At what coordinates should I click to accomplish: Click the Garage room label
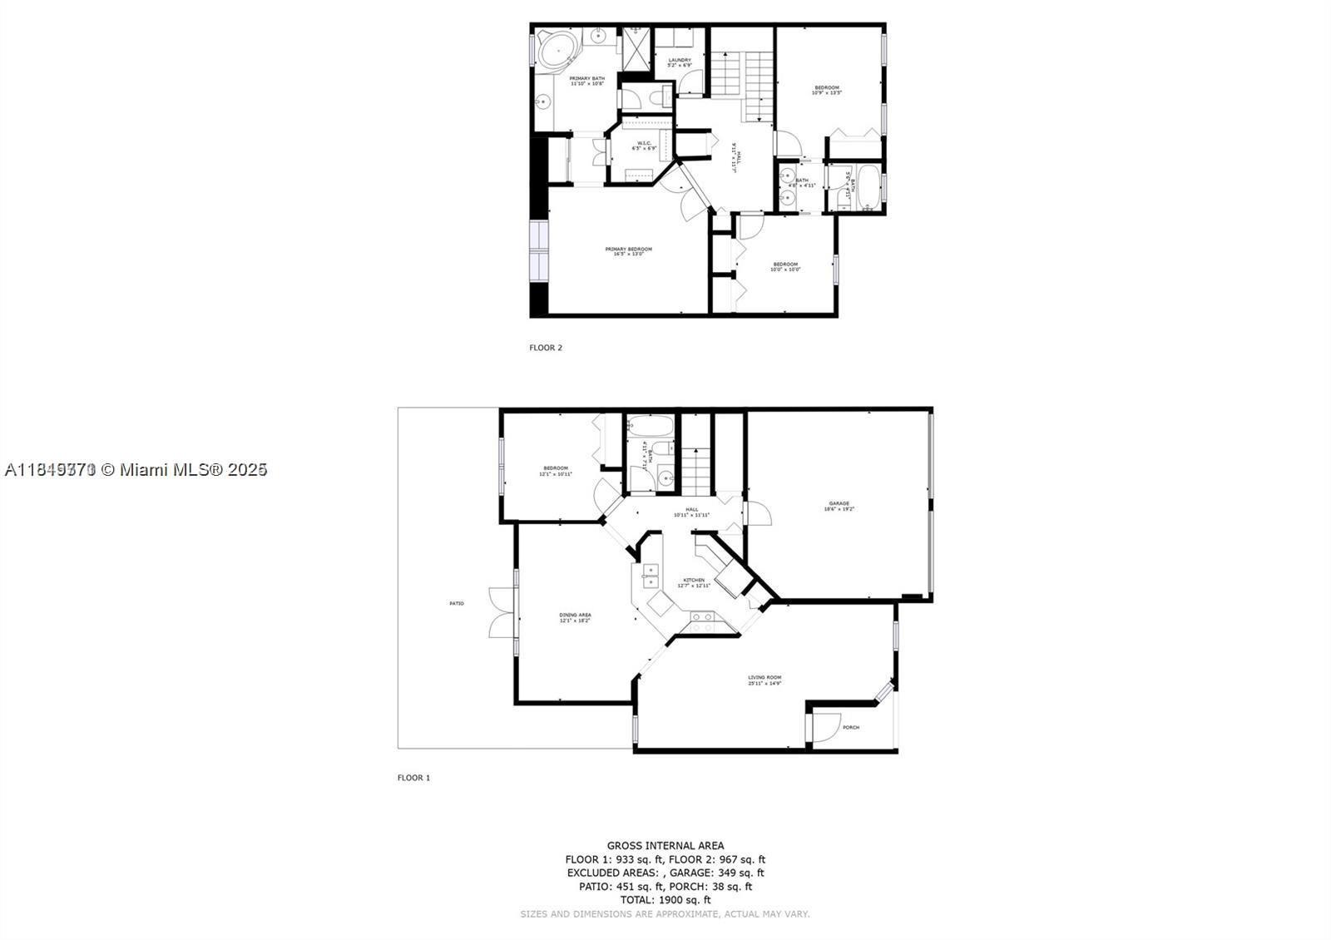coord(839,506)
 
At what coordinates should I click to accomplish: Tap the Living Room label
coord(764,680)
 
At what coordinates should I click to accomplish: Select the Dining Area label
coord(575,617)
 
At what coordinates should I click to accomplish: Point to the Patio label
coord(457,603)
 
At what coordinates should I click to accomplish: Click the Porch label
coord(850,728)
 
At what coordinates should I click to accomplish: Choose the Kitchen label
coord(694,582)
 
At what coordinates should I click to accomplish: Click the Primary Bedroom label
coord(628,251)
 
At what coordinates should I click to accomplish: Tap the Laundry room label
coord(680,62)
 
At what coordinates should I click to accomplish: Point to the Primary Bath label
coord(586,81)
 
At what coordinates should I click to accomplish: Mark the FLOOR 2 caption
coord(546,348)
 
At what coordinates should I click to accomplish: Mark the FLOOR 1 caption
coord(413,778)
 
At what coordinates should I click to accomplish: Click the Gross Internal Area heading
coord(665,845)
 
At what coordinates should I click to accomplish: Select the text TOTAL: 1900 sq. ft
coord(665,900)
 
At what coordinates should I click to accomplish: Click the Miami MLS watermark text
coord(136,470)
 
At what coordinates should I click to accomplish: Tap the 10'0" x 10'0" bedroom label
coord(784,267)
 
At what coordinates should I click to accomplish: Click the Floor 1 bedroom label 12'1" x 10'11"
coord(556,471)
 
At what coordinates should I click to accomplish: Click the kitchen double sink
coord(649,571)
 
